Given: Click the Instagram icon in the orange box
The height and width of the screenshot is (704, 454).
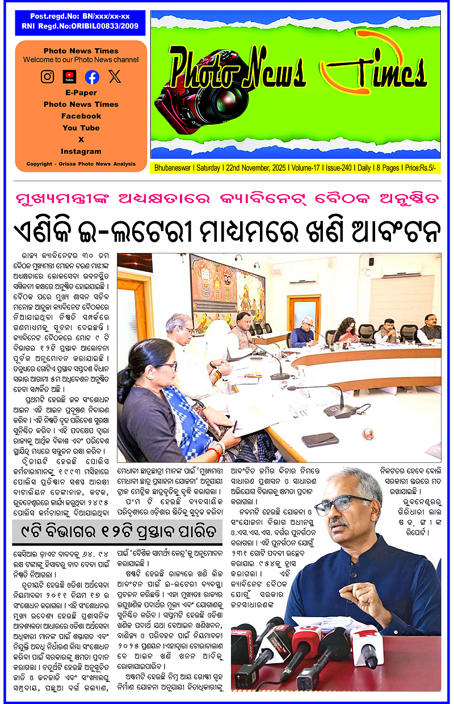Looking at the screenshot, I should tap(48, 77).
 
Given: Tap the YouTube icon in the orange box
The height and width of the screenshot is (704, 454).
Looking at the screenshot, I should tap(69, 77).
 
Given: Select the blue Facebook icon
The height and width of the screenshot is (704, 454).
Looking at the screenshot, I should tap(92, 77).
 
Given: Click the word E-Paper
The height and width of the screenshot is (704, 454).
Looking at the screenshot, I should tap(81, 92).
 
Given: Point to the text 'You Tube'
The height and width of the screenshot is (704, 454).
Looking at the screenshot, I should tap(81, 128).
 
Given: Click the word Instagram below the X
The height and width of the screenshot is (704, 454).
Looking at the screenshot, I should tap(81, 151).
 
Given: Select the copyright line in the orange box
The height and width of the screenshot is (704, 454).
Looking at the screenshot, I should tap(81, 164).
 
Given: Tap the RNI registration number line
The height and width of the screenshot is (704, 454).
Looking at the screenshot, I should tap(80, 26).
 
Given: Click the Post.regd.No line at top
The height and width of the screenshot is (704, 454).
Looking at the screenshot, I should tap(80, 16).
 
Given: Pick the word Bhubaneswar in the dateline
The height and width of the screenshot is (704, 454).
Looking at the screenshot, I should tap(173, 168).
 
